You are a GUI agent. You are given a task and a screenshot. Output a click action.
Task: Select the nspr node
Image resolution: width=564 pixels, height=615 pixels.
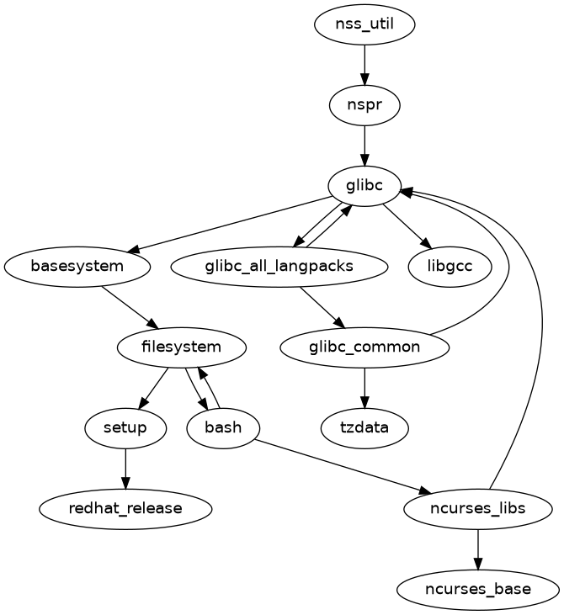tap(364, 106)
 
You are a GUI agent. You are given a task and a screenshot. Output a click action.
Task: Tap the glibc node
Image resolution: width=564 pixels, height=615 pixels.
tap(364, 186)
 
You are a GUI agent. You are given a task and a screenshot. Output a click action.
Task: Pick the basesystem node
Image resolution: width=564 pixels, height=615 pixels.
tap(77, 267)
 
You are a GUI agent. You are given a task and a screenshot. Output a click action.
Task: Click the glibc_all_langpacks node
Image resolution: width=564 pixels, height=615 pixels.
tap(279, 267)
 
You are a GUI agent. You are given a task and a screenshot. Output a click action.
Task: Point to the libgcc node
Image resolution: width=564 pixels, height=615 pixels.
tap(450, 267)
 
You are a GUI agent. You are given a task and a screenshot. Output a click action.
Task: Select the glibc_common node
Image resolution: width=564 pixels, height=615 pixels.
tap(364, 347)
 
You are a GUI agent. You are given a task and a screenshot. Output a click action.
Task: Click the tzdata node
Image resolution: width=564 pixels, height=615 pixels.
tap(364, 427)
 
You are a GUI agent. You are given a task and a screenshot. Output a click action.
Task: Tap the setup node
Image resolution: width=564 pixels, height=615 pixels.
tap(125, 427)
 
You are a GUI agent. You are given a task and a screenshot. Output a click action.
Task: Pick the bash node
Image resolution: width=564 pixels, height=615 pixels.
tap(223, 427)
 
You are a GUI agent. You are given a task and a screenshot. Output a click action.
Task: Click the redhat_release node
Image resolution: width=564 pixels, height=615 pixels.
tap(125, 508)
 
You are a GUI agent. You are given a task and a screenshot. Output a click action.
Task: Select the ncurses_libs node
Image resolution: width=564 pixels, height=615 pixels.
tap(478, 508)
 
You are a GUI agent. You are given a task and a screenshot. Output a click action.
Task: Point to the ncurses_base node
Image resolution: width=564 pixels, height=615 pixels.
tap(478, 589)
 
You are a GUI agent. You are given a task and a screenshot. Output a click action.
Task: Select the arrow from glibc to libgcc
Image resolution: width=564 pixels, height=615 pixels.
tap(407, 226)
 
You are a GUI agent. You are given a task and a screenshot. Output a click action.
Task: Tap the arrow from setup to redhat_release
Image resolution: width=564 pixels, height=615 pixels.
tap(125, 468)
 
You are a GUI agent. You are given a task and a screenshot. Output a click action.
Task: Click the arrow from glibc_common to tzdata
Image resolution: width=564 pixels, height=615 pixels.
tap(364, 387)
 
